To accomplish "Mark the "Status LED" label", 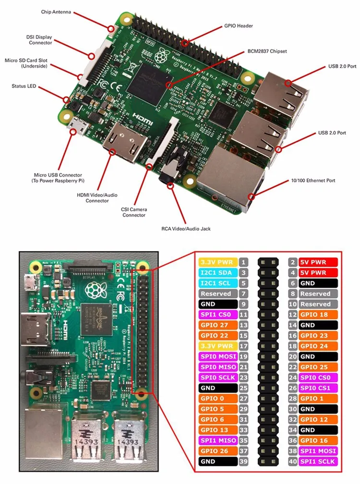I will (x=24, y=86).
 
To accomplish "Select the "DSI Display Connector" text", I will (x=39, y=39).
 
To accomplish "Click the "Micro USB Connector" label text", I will (x=58, y=178).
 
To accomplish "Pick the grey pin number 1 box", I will (x=244, y=262).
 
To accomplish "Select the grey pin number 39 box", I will (x=244, y=461).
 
